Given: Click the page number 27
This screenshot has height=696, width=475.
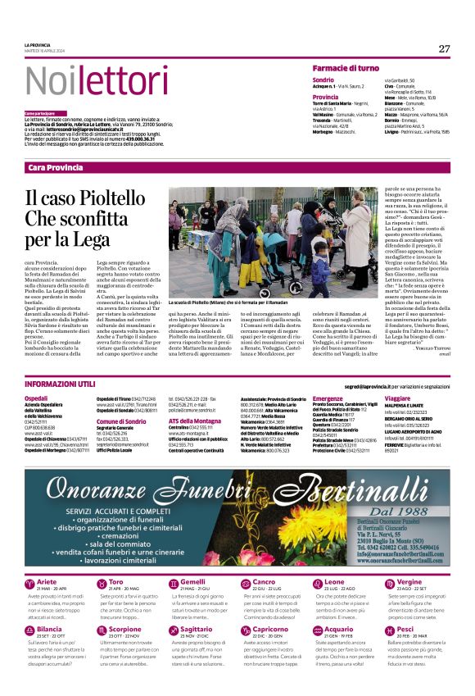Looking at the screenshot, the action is (x=444, y=48).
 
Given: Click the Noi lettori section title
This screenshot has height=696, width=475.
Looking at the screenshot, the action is (x=78, y=81).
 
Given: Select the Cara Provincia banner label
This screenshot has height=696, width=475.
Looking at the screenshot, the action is (x=55, y=167).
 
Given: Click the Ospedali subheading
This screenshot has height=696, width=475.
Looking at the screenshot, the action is (x=37, y=398).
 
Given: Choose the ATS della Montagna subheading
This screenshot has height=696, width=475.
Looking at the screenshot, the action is (x=195, y=421).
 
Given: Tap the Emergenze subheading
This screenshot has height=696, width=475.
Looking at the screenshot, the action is (x=328, y=398).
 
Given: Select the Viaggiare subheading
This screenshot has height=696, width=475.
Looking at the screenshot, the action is (x=398, y=398).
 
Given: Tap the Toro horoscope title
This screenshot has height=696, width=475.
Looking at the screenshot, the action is (x=116, y=581).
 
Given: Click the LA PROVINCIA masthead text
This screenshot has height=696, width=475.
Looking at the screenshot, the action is (x=38, y=44).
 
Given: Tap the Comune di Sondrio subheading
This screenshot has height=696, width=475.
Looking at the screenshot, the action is (x=120, y=421).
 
